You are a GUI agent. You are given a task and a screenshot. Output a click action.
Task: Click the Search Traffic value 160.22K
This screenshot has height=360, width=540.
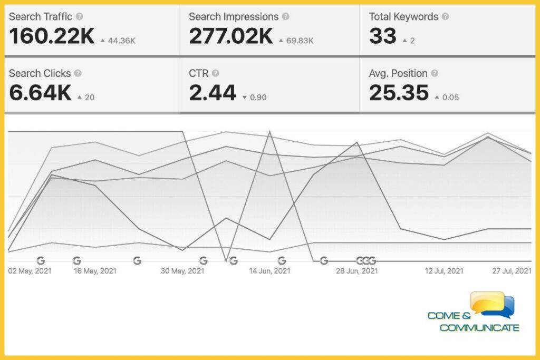click(52, 36)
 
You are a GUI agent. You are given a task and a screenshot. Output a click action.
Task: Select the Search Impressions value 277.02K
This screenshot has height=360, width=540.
click(231, 36)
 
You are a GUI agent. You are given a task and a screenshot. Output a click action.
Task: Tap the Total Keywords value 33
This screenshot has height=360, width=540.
click(382, 36)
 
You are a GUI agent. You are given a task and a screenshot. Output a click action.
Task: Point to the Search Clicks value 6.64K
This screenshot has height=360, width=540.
click(40, 93)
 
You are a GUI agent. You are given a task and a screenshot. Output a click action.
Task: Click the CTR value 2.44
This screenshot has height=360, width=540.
click(213, 93)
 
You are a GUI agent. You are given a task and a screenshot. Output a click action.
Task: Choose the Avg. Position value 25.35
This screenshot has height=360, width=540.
click(399, 93)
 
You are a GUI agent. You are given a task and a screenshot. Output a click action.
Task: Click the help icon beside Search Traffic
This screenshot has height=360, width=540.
click(79, 17)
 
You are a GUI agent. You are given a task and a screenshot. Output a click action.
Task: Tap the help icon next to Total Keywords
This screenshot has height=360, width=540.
click(445, 17)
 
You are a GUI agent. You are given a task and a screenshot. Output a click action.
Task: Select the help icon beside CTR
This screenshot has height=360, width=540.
click(215, 74)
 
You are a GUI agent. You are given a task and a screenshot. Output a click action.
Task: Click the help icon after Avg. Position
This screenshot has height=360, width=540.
click(434, 74)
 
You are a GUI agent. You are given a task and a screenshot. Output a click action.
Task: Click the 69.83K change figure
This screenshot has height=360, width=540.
click(300, 41)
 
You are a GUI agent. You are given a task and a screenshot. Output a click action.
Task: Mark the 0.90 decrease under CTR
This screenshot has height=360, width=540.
click(258, 98)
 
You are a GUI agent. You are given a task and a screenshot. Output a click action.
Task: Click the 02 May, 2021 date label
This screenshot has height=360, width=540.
click(30, 271)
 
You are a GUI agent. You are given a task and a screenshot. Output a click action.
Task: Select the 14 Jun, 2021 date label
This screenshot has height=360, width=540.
click(270, 271)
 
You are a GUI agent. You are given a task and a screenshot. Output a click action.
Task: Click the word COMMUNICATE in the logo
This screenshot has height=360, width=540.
click(479, 328)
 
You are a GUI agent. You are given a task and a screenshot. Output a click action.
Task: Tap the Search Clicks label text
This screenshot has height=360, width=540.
click(40, 74)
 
